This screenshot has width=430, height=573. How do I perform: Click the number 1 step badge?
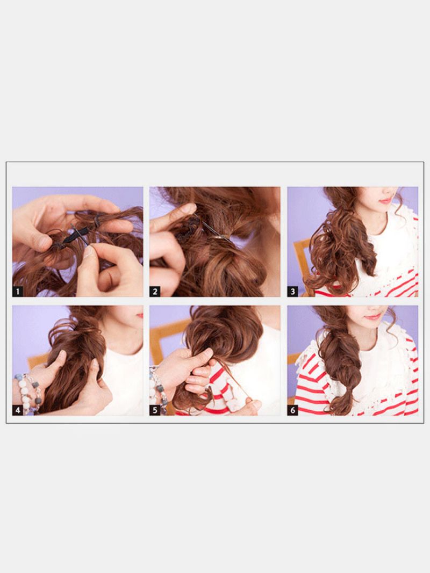18,291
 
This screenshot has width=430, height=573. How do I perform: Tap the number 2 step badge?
155,291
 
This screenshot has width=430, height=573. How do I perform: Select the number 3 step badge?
292,291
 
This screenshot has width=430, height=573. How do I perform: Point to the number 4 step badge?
18,410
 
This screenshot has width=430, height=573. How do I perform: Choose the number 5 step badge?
155,410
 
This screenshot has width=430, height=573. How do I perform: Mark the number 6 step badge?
292,410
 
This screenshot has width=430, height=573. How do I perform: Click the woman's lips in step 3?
385,200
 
